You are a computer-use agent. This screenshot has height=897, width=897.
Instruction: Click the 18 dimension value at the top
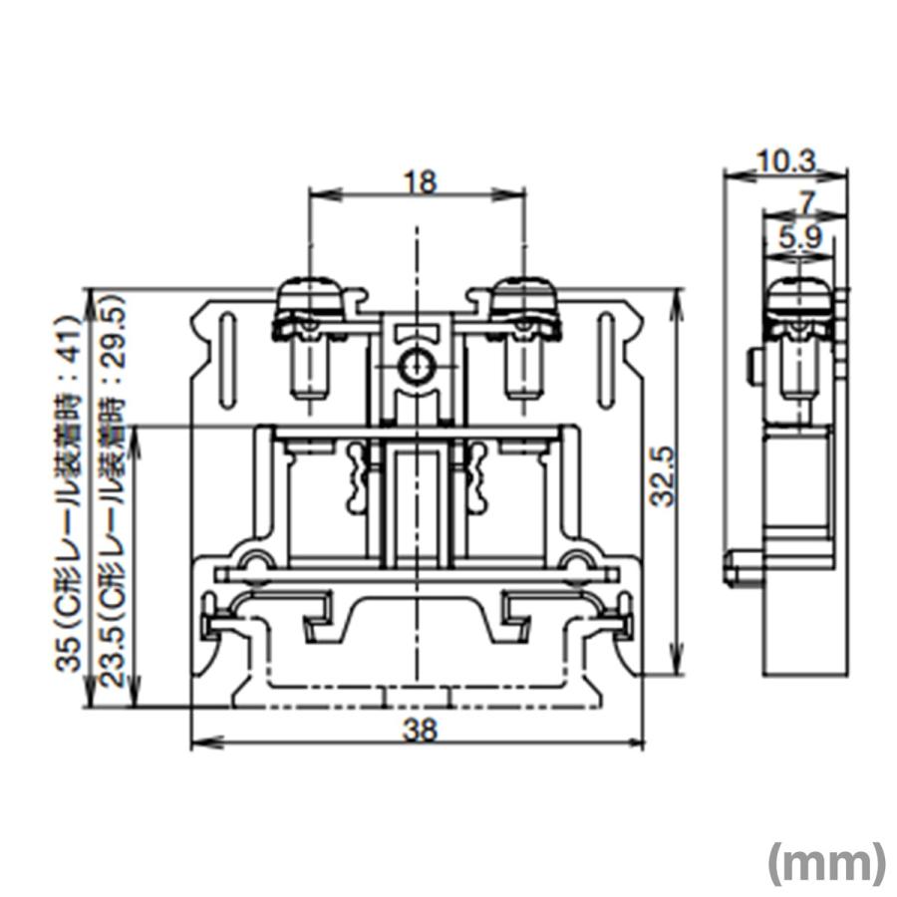[x=420, y=181]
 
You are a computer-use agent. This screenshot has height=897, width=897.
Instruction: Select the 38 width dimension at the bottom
[x=420, y=731]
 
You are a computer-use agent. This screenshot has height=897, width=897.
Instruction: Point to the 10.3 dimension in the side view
[x=786, y=160]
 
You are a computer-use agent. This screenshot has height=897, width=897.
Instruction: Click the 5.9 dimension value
[x=793, y=237]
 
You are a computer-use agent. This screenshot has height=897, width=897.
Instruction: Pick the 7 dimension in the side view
[x=806, y=201]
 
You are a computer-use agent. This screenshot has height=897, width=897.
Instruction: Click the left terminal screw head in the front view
[x=310, y=299]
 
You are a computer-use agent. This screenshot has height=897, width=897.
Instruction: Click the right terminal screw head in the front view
[x=523, y=299]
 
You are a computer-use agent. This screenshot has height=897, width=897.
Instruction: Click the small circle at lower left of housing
[x=255, y=560]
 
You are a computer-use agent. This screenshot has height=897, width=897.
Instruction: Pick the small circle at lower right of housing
[x=576, y=560]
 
